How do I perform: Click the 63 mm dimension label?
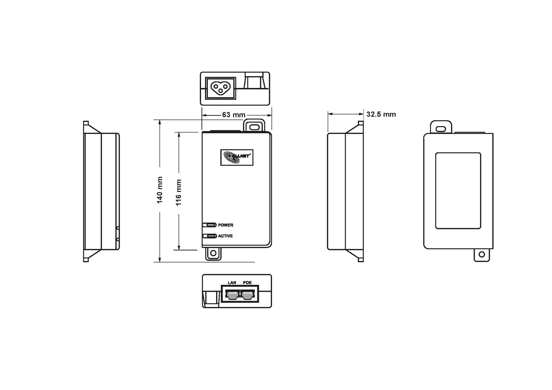pos(233,115)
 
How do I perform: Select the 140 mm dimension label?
pos(160,190)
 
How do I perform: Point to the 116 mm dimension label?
pos(179,192)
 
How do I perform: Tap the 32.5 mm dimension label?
pos(381,114)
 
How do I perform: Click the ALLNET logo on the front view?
pos(237,157)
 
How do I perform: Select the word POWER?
pos(225,225)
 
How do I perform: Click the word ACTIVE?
pos(225,236)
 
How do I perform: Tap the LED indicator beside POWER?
pos(210,225)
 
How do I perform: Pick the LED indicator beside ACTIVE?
pos(210,236)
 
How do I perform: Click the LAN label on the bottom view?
pos(232,283)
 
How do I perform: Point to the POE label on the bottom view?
pos(247,283)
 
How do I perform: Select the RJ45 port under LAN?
pos(232,295)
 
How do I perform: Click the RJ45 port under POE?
pos(248,295)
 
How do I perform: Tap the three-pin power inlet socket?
pos(221,88)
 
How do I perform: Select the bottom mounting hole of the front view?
pos(213,253)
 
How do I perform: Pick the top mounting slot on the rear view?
pos(441,128)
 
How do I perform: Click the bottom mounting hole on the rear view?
pos(482,254)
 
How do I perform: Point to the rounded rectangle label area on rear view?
pos(458,191)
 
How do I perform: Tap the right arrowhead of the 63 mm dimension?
pos(269,115)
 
